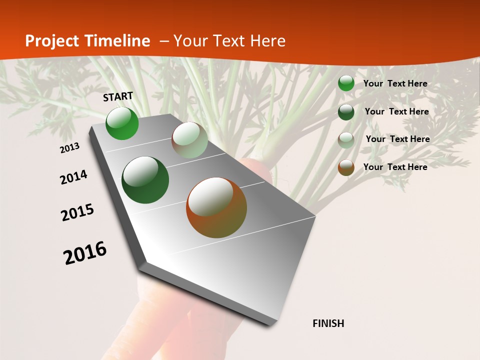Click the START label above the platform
click(x=118, y=96)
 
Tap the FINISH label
click(x=328, y=323)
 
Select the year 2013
click(x=70, y=148)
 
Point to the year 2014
click(x=73, y=177)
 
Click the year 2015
click(x=77, y=212)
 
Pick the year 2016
click(x=85, y=253)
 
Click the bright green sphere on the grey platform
click(x=122, y=123)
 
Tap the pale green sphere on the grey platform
click(x=189, y=140)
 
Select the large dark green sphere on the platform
click(x=145, y=180)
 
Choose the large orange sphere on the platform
click(x=216, y=207)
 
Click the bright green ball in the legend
click(x=346, y=83)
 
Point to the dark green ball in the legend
click(x=346, y=111)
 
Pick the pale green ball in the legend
click(x=346, y=139)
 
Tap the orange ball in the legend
click(x=346, y=167)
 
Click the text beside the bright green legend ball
click(x=395, y=83)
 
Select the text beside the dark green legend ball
click(x=396, y=111)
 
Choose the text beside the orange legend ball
click(x=395, y=167)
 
